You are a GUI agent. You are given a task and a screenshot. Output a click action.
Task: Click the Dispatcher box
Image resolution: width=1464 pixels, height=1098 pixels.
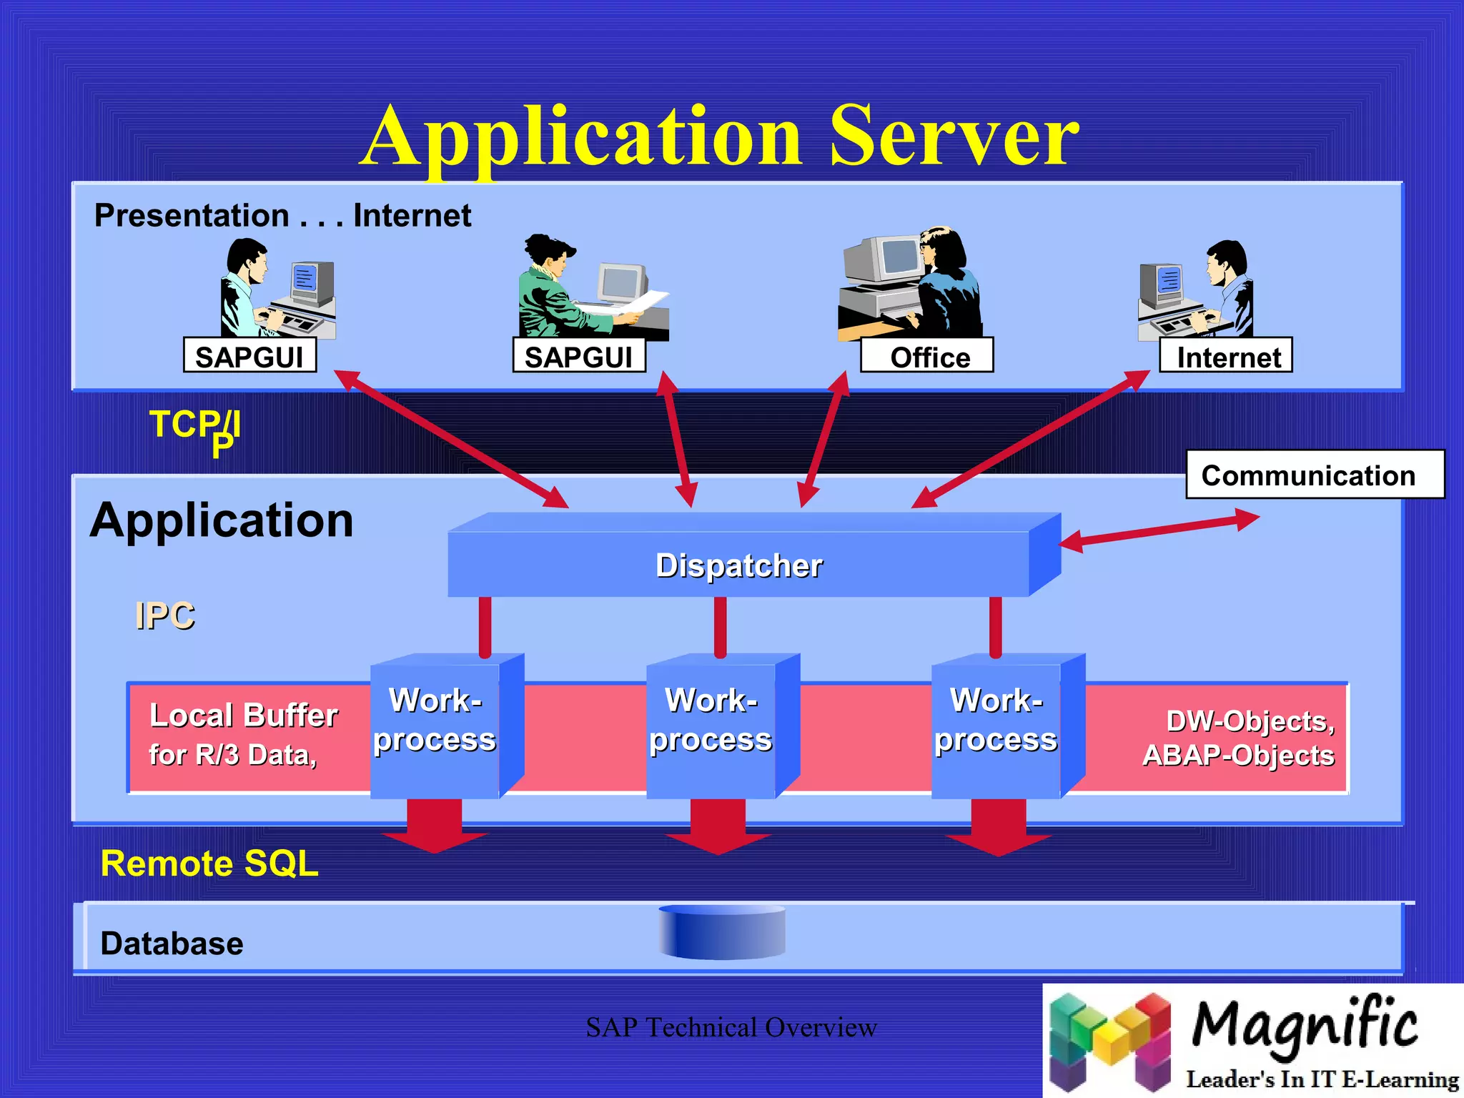[739, 565]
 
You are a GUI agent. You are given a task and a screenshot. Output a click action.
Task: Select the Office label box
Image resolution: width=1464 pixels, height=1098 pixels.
[926, 356]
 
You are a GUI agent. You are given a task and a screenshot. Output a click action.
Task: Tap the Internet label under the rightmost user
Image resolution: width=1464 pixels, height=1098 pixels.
[1225, 356]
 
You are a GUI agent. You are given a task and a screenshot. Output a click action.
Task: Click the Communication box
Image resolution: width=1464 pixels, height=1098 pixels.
[1314, 475]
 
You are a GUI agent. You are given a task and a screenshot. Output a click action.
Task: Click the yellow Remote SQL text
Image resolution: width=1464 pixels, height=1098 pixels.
[209, 864]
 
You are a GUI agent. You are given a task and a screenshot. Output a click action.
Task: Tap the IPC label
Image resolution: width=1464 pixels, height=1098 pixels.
[164, 615]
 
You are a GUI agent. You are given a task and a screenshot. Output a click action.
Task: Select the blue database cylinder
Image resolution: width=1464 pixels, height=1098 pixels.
[722, 932]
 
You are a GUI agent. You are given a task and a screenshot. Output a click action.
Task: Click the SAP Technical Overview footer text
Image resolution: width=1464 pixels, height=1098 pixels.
[731, 1027]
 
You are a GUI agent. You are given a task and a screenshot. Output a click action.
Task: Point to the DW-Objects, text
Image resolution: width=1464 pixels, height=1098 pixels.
[1250, 721]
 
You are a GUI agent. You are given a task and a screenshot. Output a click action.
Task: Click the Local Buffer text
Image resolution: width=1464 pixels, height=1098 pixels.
[243, 715]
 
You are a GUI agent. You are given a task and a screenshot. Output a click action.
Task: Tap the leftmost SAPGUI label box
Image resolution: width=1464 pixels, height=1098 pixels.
[249, 356]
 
